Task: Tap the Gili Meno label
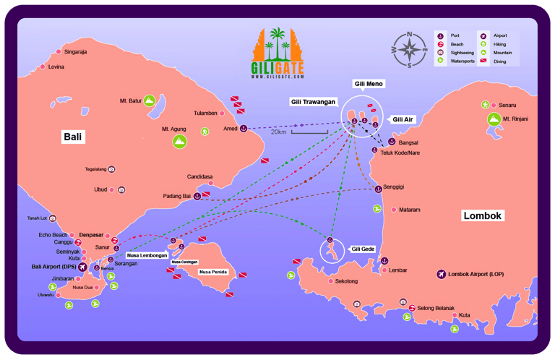369,84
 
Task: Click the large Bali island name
72,136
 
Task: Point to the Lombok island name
483,215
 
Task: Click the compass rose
409,50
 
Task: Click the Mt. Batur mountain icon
149,101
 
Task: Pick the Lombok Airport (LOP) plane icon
441,274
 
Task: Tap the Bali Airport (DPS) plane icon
82,267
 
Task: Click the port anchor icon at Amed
244,129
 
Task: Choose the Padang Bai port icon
197,195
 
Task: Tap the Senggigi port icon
378,188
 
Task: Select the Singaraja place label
75,52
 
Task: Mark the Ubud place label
100,189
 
